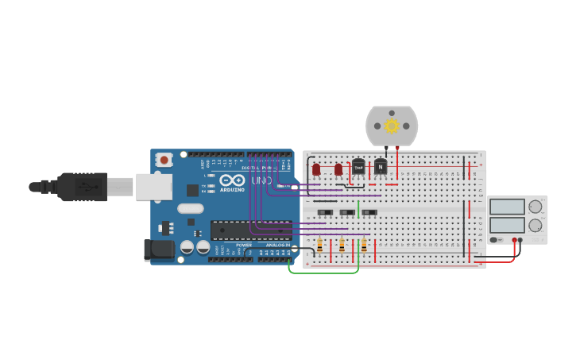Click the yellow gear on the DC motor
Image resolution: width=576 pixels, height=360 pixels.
click(x=392, y=126)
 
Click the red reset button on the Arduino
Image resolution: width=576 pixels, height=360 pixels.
click(x=164, y=159)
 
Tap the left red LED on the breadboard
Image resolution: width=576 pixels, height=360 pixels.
click(x=316, y=169)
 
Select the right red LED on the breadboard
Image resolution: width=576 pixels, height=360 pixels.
click(x=338, y=169)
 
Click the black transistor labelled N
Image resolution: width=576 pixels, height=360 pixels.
click(x=381, y=166)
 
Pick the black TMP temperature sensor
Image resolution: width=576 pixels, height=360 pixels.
click(x=358, y=167)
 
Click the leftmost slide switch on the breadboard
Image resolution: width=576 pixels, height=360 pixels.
click(x=325, y=212)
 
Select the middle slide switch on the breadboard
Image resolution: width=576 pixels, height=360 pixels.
click(x=347, y=212)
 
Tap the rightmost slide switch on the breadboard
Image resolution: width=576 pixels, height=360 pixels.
click(x=369, y=212)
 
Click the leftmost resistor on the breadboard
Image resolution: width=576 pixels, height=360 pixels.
click(x=319, y=246)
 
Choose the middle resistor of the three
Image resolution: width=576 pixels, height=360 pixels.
click(x=342, y=246)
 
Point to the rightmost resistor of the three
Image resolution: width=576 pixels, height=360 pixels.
click(x=364, y=246)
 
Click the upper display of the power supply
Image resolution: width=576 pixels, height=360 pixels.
click(x=507, y=207)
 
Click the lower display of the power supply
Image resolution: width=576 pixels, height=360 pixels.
click(x=507, y=225)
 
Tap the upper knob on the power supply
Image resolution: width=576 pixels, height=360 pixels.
click(x=535, y=207)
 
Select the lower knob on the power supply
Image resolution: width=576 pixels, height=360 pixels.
click(x=535, y=226)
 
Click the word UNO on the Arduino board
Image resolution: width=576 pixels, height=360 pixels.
click(x=261, y=180)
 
